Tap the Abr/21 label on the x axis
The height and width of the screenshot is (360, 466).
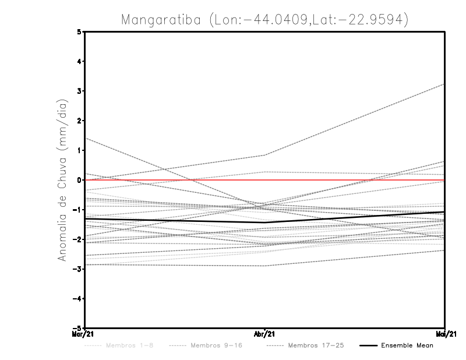click(x=265, y=334)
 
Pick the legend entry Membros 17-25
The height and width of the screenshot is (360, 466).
click(x=315, y=346)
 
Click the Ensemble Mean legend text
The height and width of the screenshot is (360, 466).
click(x=407, y=346)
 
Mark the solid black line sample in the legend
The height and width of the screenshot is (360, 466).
click(x=368, y=346)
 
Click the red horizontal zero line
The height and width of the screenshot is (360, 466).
click(x=175, y=180)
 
